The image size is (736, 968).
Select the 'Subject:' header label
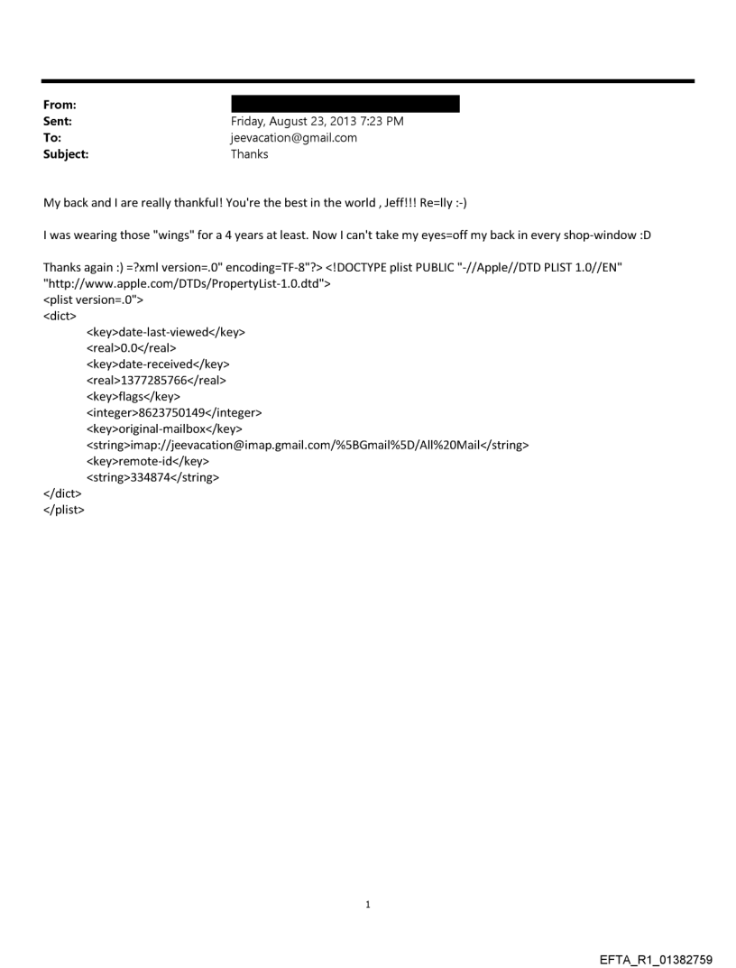pyautogui.click(x=66, y=154)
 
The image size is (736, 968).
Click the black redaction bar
pyautogui.click(x=345, y=104)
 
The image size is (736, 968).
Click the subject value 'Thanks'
pyautogui.click(x=250, y=154)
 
